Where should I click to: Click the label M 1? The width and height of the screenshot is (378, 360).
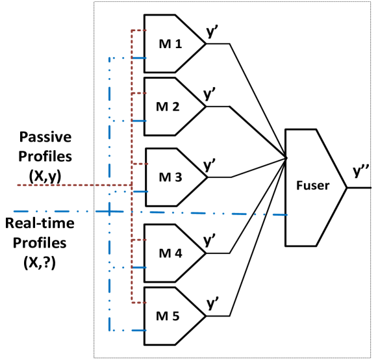click(171, 44)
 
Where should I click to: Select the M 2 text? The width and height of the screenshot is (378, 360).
click(168, 107)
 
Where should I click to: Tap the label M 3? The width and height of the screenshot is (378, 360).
click(170, 177)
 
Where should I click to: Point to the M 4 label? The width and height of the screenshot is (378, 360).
click(170, 253)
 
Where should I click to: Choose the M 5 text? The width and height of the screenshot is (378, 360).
click(168, 316)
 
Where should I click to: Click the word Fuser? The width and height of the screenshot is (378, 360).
click(312, 185)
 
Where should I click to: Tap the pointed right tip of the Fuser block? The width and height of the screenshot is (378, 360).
click(345, 187)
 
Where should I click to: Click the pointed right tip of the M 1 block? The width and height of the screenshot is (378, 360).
click(204, 44)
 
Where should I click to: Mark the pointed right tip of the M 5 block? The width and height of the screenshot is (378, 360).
click(204, 316)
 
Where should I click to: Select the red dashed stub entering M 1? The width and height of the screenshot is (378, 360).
click(138, 31)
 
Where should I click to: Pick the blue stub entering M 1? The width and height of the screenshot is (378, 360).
click(138, 58)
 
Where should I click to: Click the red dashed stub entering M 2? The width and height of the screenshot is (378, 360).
click(138, 93)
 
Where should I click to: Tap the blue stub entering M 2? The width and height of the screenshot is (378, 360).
click(138, 121)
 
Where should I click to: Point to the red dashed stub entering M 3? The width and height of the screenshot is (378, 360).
click(139, 164)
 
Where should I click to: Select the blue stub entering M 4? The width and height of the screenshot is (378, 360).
click(138, 267)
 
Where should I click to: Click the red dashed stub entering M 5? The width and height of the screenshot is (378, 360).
click(138, 303)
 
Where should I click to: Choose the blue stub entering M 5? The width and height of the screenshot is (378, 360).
click(138, 330)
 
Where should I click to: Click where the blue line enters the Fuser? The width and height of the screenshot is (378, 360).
click(284, 214)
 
